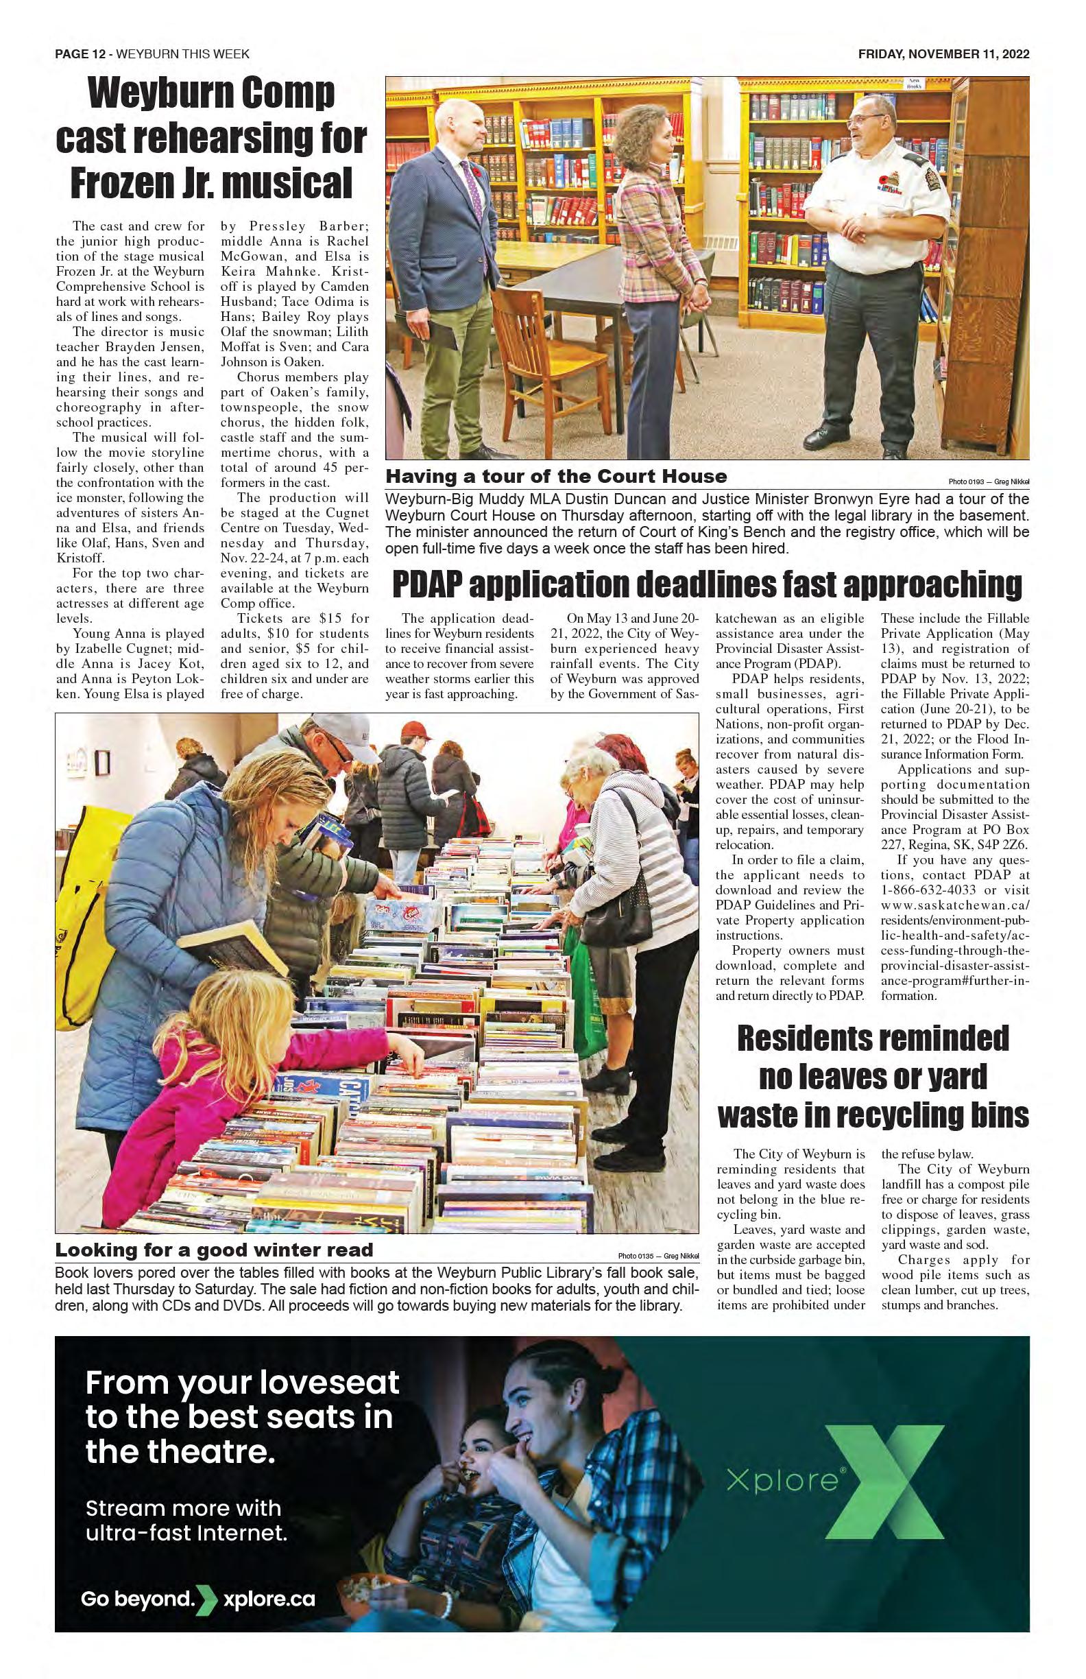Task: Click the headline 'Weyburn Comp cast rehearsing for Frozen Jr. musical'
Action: pos(211,139)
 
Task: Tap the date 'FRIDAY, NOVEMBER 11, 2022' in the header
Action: pos(943,54)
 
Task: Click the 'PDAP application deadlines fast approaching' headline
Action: pos(707,585)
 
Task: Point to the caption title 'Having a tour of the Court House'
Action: pos(556,476)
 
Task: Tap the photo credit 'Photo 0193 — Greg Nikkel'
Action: pos(988,482)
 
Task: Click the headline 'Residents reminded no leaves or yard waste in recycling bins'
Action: pos(872,1077)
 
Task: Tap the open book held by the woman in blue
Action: pos(232,944)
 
